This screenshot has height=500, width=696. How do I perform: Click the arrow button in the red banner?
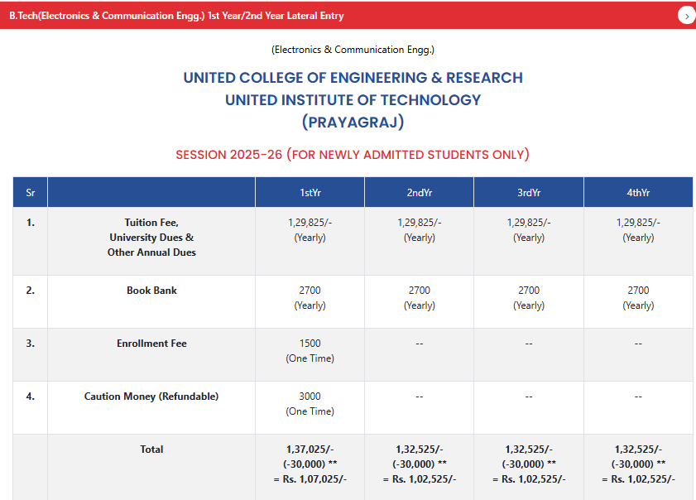(686, 16)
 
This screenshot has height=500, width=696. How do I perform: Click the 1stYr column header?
(310, 193)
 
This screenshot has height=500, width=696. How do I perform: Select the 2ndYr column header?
(419, 193)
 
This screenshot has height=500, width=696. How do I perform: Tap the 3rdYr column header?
(528, 193)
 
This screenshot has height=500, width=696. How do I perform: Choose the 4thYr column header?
(638, 193)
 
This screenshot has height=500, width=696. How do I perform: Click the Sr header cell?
(30, 193)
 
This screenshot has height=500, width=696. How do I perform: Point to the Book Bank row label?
(151, 291)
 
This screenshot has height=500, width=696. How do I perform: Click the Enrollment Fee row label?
(151, 344)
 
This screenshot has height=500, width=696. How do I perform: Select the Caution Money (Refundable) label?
(151, 397)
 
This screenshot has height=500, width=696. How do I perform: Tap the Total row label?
(151, 450)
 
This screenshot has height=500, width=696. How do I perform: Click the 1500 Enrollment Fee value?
(310, 344)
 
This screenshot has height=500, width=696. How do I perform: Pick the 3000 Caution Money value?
(310, 397)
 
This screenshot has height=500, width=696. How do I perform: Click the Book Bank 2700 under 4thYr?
(638, 291)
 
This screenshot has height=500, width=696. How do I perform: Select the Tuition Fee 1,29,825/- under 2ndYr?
(419, 223)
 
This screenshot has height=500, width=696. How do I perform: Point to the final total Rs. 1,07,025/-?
(310, 479)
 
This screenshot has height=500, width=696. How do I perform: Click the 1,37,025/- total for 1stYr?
(310, 450)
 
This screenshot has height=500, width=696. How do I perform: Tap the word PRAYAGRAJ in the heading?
(353, 123)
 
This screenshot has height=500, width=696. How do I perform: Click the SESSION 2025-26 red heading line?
(353, 155)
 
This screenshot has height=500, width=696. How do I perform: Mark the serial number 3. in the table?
(30, 344)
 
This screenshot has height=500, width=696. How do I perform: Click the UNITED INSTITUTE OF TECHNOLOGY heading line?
(353, 100)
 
